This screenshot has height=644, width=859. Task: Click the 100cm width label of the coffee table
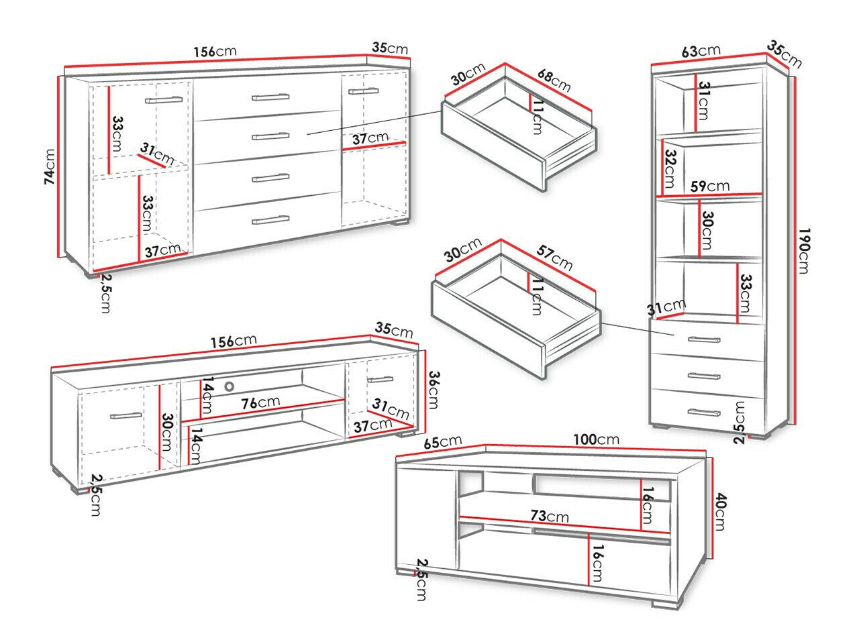pos(595,439)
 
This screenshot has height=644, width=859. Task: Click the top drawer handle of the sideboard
pos(270,97)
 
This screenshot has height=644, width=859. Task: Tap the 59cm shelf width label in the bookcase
pos(713,186)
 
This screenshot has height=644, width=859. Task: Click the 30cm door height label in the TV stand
pos(168,433)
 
